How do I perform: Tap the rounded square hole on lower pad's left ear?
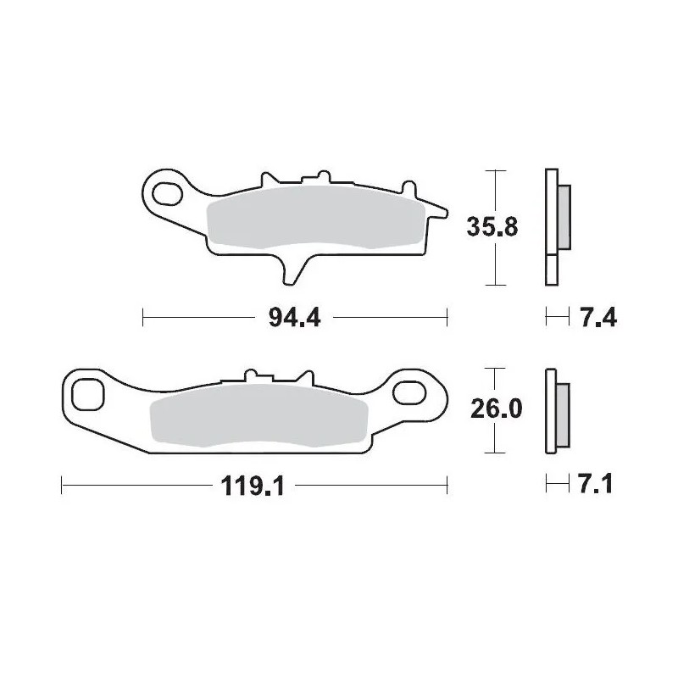tap(86, 394)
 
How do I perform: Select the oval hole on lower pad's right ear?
tap(410, 392)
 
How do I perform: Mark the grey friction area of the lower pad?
tap(254, 420)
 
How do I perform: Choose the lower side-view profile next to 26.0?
tap(551, 411)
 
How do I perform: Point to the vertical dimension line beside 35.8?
tap(495, 254)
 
